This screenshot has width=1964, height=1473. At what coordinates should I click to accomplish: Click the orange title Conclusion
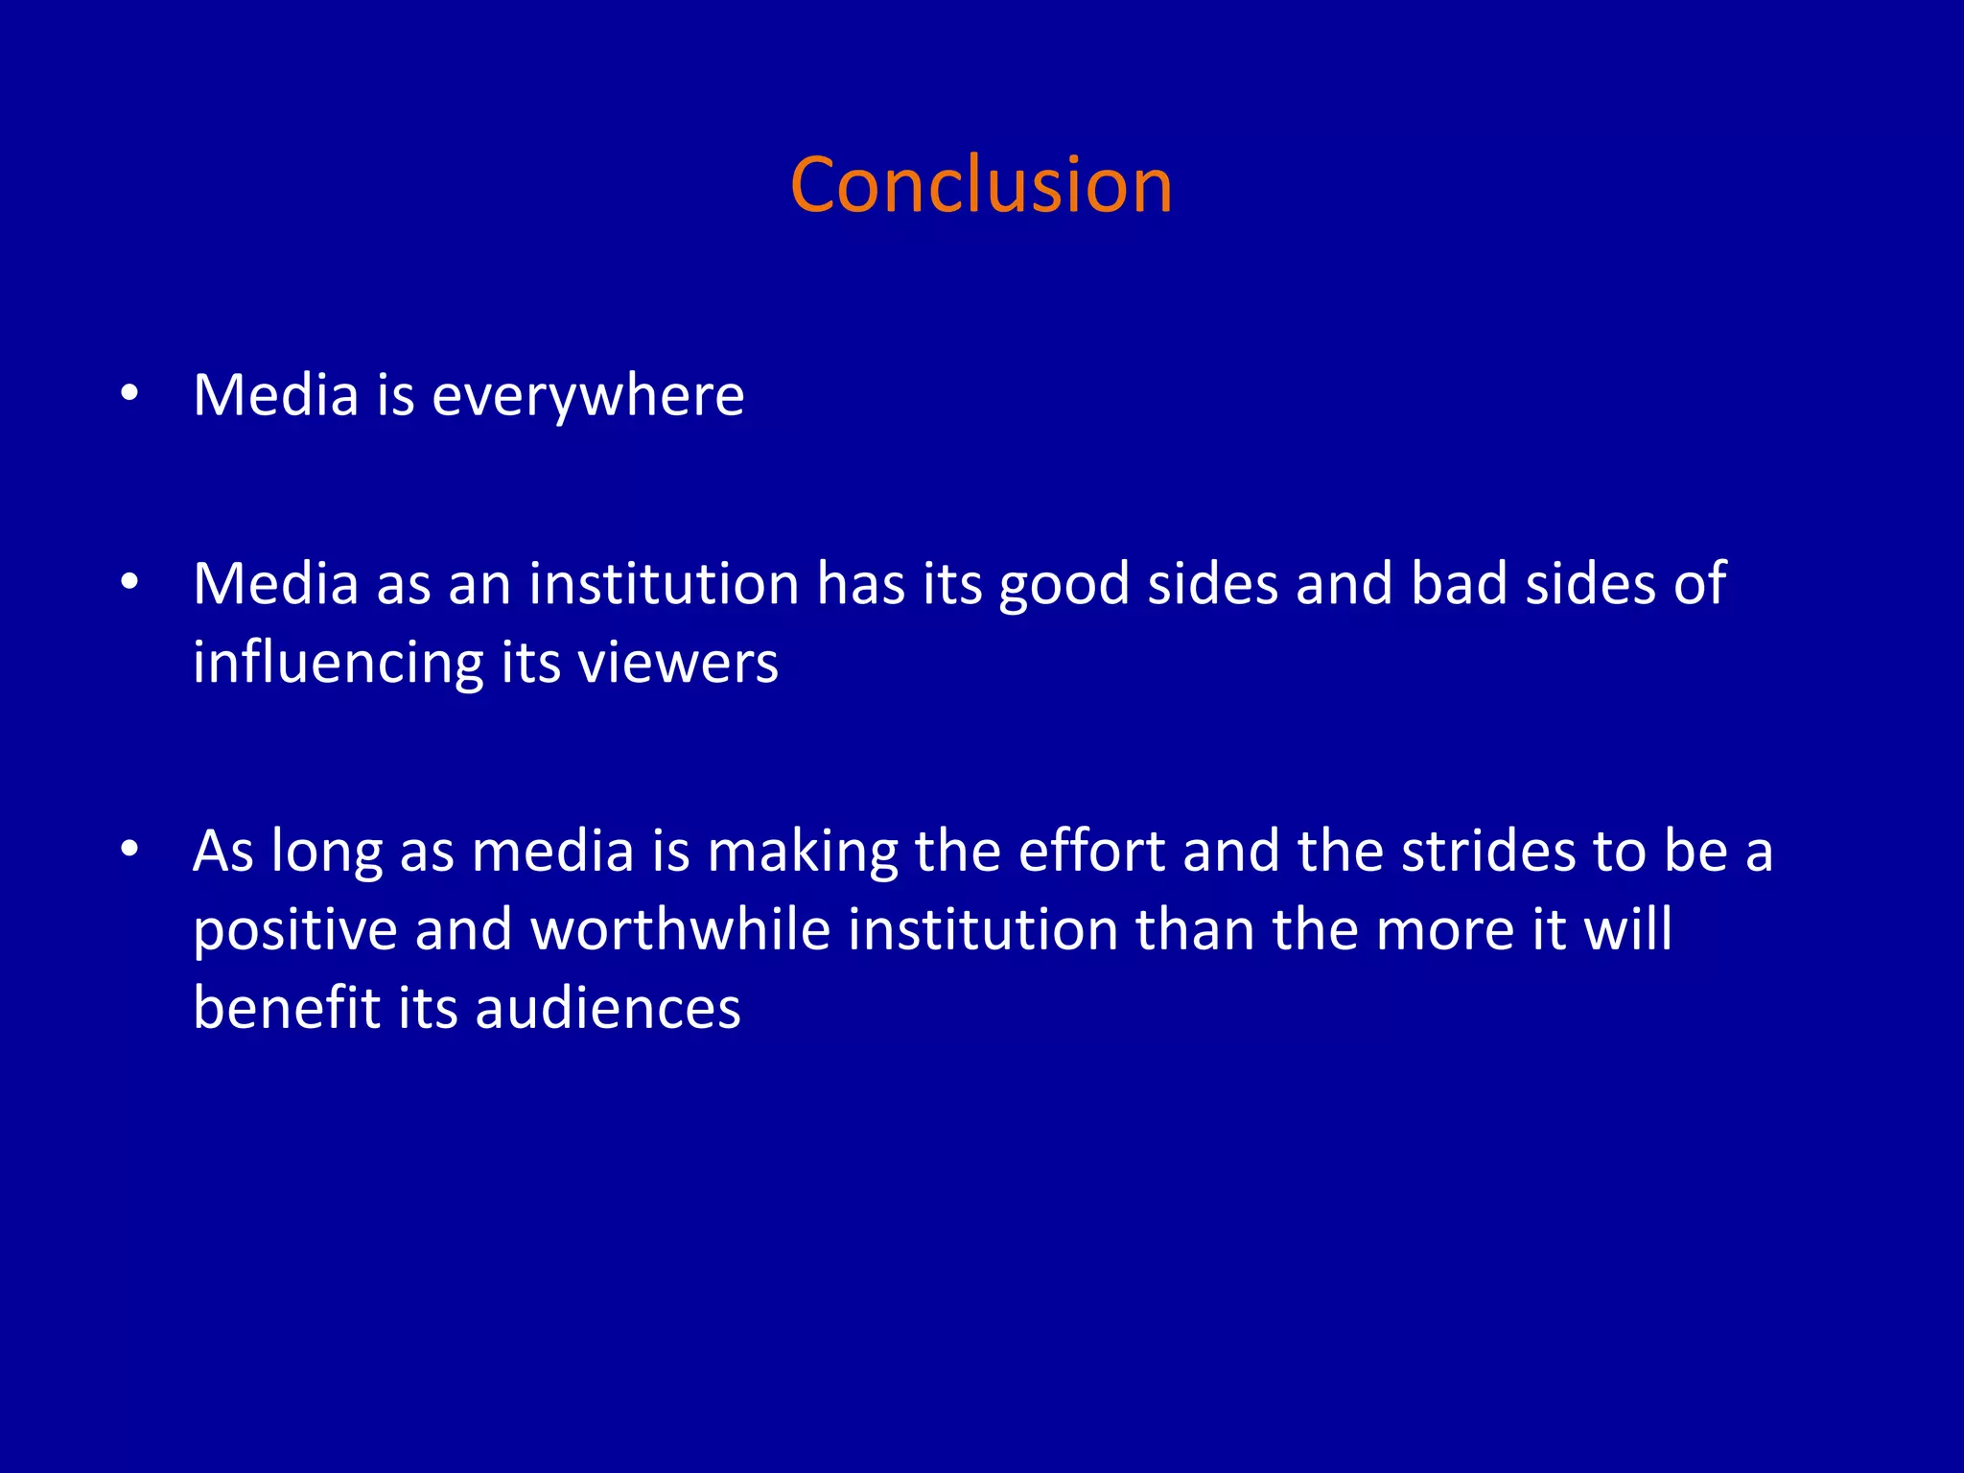(x=981, y=185)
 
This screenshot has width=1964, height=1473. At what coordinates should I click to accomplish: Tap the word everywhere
(x=588, y=396)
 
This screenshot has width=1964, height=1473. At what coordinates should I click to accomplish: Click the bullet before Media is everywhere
(x=130, y=393)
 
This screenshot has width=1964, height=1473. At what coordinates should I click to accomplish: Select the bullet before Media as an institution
(x=130, y=582)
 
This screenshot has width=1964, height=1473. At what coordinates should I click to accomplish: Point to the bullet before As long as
(x=130, y=849)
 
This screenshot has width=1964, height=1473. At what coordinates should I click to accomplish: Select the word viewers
(x=678, y=664)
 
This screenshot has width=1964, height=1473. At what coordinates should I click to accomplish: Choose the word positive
(x=295, y=930)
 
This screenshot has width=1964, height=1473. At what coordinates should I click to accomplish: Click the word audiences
(x=608, y=1008)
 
